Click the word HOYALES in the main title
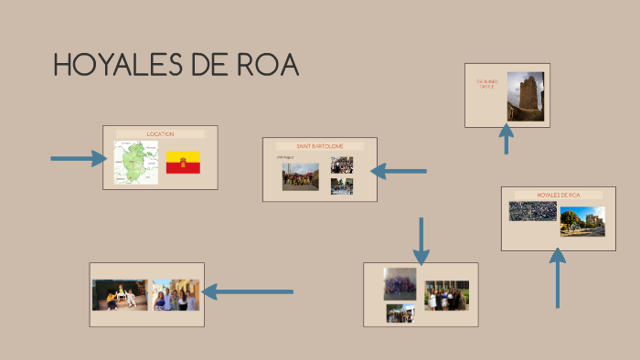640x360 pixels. (108, 66)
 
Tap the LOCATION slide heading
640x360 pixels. (160, 134)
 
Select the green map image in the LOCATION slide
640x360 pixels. (135, 162)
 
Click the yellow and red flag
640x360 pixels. (183, 163)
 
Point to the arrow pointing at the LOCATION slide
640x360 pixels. (79, 159)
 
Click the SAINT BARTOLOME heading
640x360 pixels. (320, 146)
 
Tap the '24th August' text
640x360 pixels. (285, 157)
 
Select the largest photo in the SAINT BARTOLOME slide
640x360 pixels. (300, 176)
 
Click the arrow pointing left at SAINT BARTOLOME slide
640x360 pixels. (398, 171)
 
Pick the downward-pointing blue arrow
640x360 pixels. (421, 239)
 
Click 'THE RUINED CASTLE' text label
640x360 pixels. (485, 84)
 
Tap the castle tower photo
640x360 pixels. (525, 97)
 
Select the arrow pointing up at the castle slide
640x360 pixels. (506, 139)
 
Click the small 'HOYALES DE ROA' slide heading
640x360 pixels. (558, 195)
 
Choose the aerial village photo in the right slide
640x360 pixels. (532, 211)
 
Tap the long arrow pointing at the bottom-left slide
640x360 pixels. (247, 292)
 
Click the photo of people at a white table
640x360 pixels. (119, 295)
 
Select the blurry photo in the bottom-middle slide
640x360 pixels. (400, 283)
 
